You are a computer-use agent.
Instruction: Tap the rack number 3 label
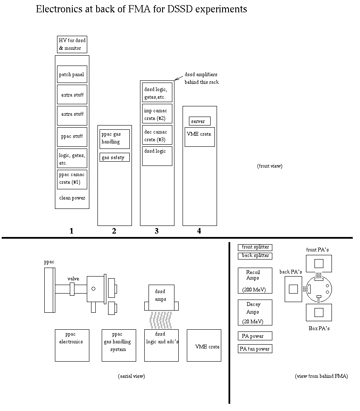pyautogui.click(x=157, y=231)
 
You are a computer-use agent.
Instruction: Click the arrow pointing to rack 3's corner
pyautogui.click(x=179, y=78)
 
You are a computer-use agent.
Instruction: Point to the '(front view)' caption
pyautogui.click(x=269, y=166)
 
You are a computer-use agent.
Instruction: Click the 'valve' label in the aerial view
pyautogui.click(x=73, y=279)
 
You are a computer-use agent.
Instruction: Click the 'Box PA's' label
pyautogui.click(x=319, y=328)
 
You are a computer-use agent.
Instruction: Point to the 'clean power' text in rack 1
pyautogui.click(x=72, y=198)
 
